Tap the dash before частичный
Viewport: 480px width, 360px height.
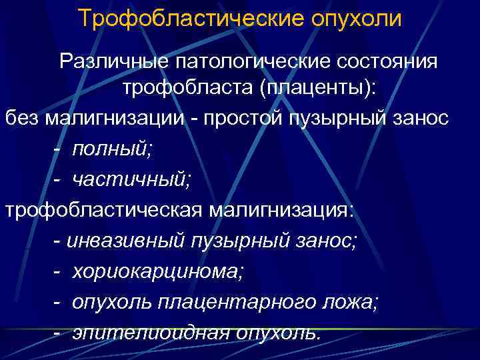[x=59, y=177]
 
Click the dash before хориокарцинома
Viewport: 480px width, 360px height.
[x=59, y=271]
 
